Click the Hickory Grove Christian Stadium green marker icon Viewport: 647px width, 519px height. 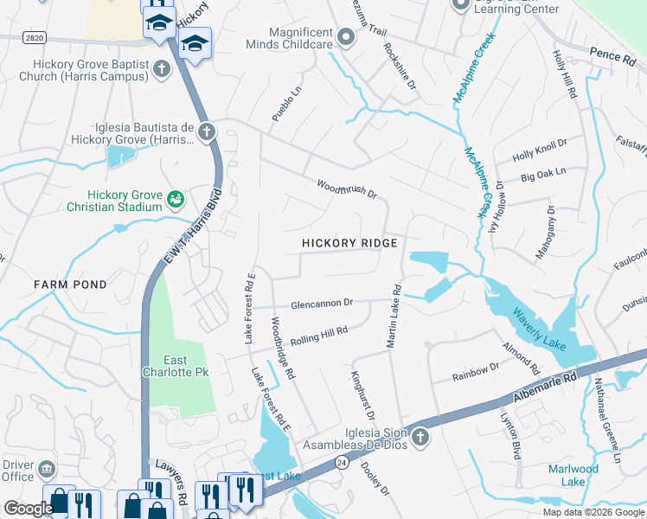pos(176,199)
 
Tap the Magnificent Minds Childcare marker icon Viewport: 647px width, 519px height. pos(346,36)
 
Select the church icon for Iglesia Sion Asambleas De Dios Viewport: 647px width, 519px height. pos(420,437)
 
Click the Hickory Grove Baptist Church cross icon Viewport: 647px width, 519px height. pos(161,67)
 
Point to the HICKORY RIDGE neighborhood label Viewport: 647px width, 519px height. pos(349,243)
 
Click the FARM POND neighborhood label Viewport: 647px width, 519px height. pos(71,285)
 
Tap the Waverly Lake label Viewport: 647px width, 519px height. pos(538,330)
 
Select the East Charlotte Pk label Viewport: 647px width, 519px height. pos(179,366)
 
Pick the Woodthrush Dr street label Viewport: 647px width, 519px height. pos(346,189)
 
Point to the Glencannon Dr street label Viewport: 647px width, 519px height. pos(322,303)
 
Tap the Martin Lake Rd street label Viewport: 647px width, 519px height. pos(394,317)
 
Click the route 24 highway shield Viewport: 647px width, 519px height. pos(342,463)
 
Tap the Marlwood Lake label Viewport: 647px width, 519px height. pos(573,475)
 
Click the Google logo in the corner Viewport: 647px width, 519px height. pos(29,509)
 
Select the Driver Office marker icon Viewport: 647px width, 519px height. pos(47,470)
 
